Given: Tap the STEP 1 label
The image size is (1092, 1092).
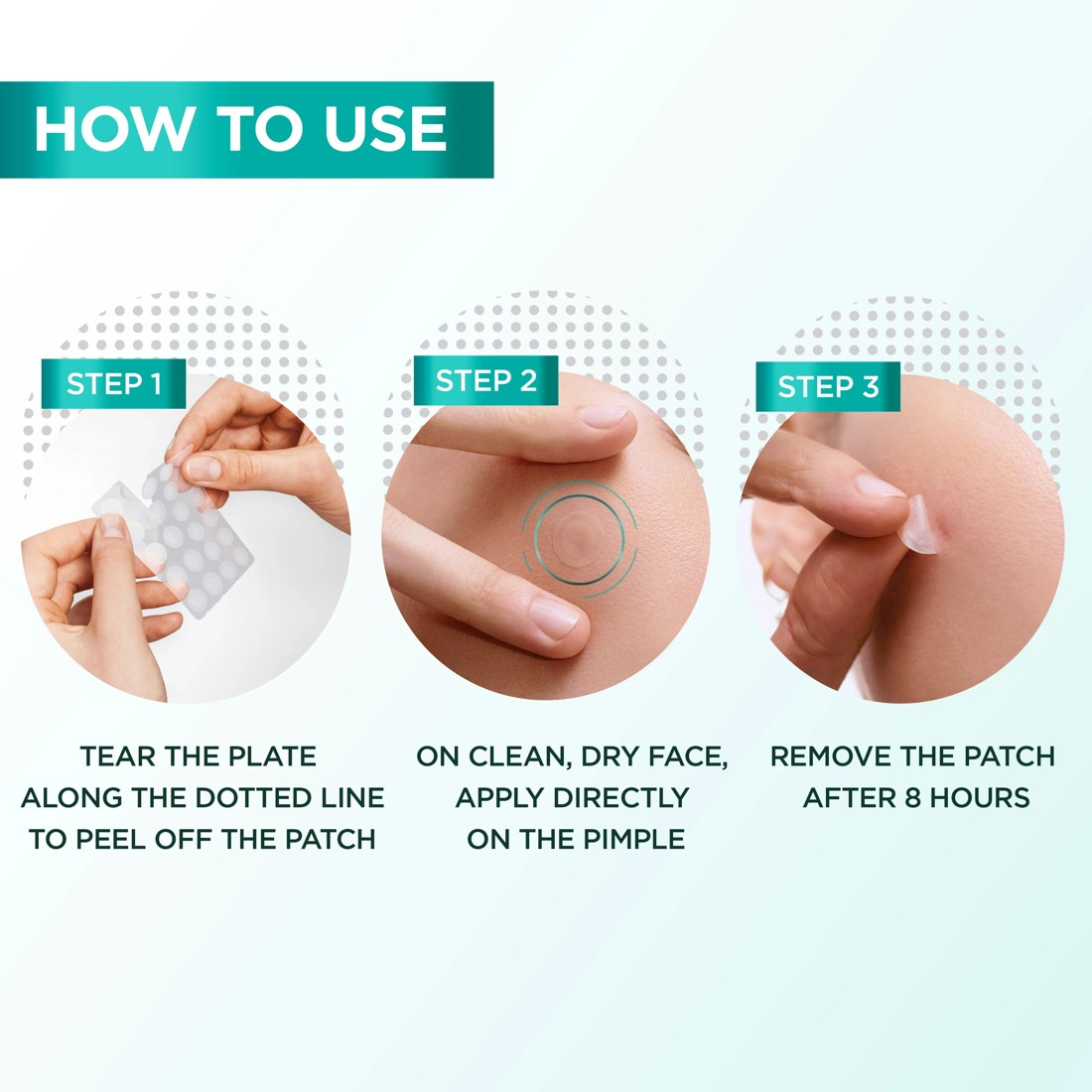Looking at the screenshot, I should pos(113,384).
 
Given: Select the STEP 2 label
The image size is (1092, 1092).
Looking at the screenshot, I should pos(485,380).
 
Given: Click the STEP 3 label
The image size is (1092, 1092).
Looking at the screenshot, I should pos(828,386).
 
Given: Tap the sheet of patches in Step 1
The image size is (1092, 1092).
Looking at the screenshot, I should pos(189,536).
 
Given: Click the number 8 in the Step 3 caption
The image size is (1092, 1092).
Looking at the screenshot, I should pos(912,798).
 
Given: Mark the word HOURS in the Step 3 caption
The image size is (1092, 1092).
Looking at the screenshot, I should pos(980,798).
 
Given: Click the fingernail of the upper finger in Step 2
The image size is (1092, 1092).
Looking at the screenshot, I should pos(604,415).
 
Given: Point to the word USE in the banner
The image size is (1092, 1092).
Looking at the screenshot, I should pos(386,129).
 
